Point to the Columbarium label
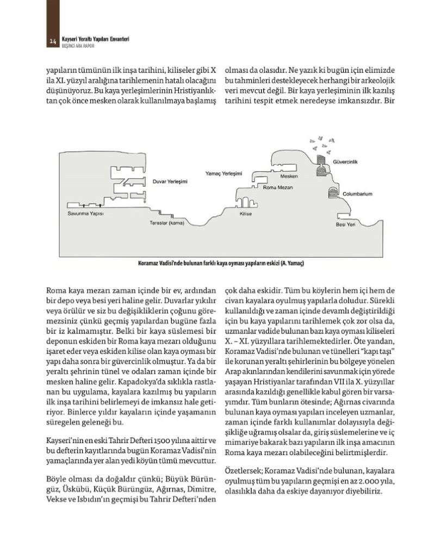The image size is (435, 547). pyautogui.click(x=357, y=194)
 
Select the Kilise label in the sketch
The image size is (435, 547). pyautogui.click(x=245, y=215)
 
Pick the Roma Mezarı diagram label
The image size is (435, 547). pyautogui.click(x=277, y=187)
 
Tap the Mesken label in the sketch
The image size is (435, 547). pyautogui.click(x=288, y=177)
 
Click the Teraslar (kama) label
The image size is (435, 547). pyautogui.click(x=166, y=223)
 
